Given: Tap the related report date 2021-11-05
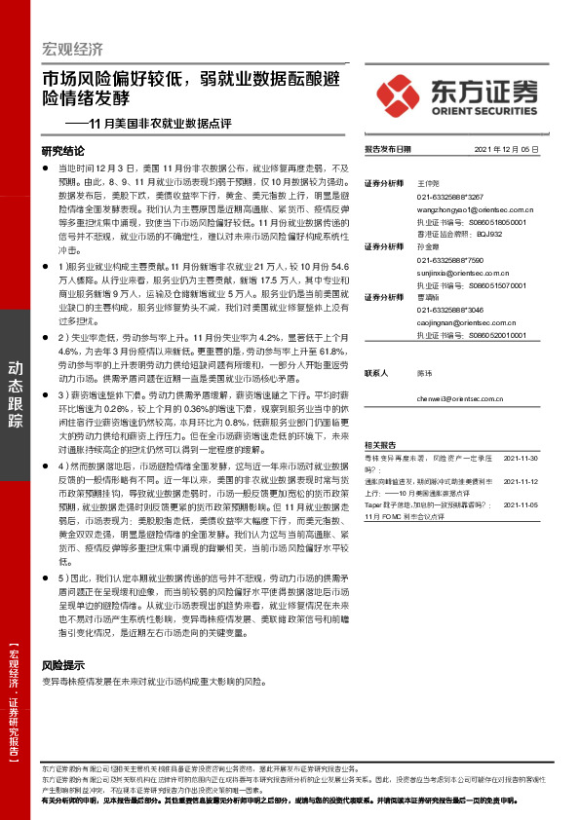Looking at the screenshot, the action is click(x=519, y=505).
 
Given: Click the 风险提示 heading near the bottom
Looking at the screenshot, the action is click(x=58, y=664).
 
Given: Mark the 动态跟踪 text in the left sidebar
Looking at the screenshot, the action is click(x=16, y=394).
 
